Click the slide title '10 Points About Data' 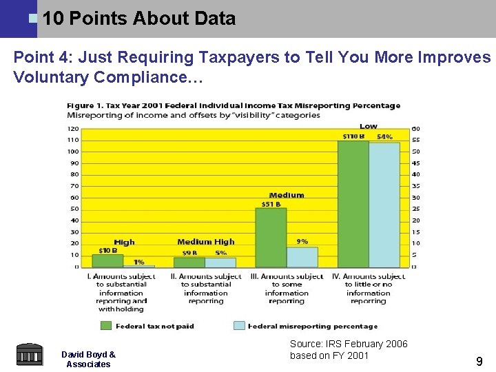pos(138,19)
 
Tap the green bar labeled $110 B pos(353,204)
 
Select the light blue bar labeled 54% pos(384,205)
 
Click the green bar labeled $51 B pos(271,237)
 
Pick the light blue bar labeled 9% pos(302,257)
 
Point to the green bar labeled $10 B pos(107,261)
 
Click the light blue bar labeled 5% pos(220,262)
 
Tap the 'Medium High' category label pos(205,242)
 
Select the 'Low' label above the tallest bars pos(369,126)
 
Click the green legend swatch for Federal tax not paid pos(107,326)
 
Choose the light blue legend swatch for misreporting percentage pos(239,326)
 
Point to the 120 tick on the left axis pos(72,129)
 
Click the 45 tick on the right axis pos(415,163)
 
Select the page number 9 pos(479,360)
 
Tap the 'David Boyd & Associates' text pos(88,359)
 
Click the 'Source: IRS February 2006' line pos(349,344)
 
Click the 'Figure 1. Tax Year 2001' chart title pos(233,105)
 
